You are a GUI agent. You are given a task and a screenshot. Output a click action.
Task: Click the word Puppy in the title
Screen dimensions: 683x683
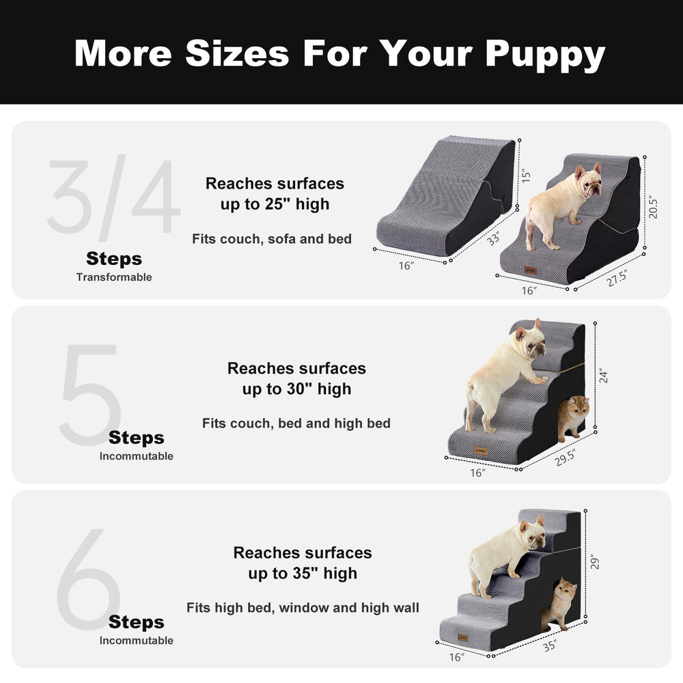[545, 53]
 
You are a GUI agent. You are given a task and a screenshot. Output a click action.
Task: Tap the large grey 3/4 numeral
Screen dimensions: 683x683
[113, 197]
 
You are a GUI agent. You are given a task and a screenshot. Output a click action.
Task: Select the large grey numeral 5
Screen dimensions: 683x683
[92, 395]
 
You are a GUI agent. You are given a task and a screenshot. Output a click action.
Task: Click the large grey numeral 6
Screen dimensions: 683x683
[89, 581]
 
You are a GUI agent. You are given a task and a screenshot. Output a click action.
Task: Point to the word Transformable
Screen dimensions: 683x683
[114, 277]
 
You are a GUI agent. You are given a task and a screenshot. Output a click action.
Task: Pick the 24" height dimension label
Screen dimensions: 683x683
[604, 375]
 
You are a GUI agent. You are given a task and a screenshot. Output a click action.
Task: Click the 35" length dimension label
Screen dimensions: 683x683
[549, 645]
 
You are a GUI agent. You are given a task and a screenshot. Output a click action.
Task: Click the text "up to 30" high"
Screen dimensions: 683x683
[296, 389]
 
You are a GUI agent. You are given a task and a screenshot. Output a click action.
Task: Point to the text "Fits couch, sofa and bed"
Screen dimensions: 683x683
[272, 239]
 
